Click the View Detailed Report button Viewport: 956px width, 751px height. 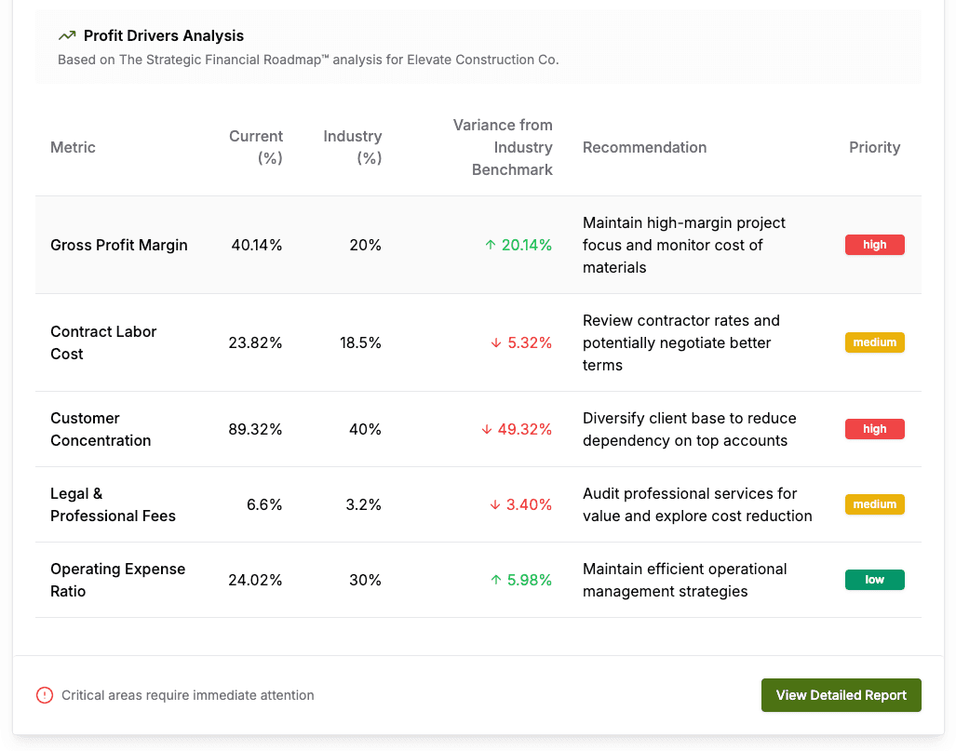point(841,695)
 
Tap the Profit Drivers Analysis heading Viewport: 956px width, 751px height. point(164,36)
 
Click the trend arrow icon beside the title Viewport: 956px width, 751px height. point(67,36)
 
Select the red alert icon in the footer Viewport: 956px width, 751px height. point(45,695)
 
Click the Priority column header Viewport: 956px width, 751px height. point(874,147)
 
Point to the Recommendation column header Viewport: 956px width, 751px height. point(644,147)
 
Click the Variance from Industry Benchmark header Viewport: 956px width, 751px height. point(503,147)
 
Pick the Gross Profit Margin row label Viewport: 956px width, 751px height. point(119,245)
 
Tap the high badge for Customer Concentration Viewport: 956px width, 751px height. point(874,429)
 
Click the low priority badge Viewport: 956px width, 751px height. point(874,580)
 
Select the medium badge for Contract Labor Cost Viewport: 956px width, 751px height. point(874,342)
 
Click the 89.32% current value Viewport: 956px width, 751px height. point(255,429)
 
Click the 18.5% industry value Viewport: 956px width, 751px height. point(360,342)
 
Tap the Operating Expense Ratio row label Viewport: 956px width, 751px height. point(117,580)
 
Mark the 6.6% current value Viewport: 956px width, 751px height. point(264,504)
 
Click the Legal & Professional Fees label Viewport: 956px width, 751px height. point(113,504)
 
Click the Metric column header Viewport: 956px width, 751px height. point(73,147)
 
